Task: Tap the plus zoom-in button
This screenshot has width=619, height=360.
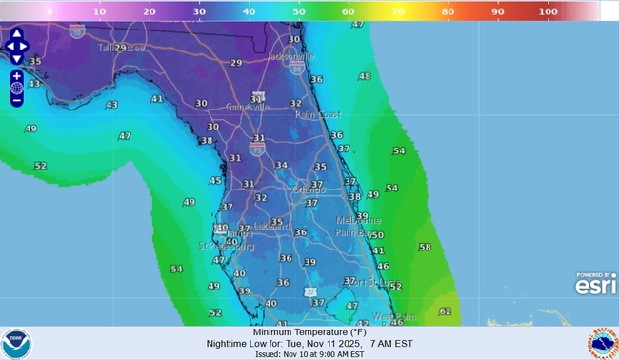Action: coord(17,75)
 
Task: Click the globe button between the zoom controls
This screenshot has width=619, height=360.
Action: coord(17,88)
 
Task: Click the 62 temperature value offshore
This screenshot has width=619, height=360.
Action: coord(446,311)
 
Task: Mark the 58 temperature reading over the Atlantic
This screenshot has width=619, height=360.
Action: coord(425,247)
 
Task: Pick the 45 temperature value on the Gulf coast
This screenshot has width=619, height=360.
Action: coord(215,181)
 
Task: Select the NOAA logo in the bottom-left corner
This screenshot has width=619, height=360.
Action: coord(16,343)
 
